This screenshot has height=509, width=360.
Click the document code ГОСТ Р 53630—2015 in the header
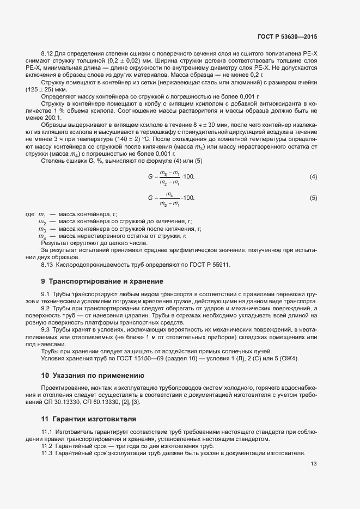[x=286, y=36]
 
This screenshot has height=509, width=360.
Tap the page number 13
[x=313, y=464]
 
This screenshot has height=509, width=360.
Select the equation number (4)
[x=313, y=177]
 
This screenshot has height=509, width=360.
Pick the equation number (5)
[x=313, y=198]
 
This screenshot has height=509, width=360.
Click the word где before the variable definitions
[x=30, y=215]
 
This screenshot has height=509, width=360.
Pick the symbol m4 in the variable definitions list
[x=42, y=236]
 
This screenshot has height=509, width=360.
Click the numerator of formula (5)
[x=169, y=194]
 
